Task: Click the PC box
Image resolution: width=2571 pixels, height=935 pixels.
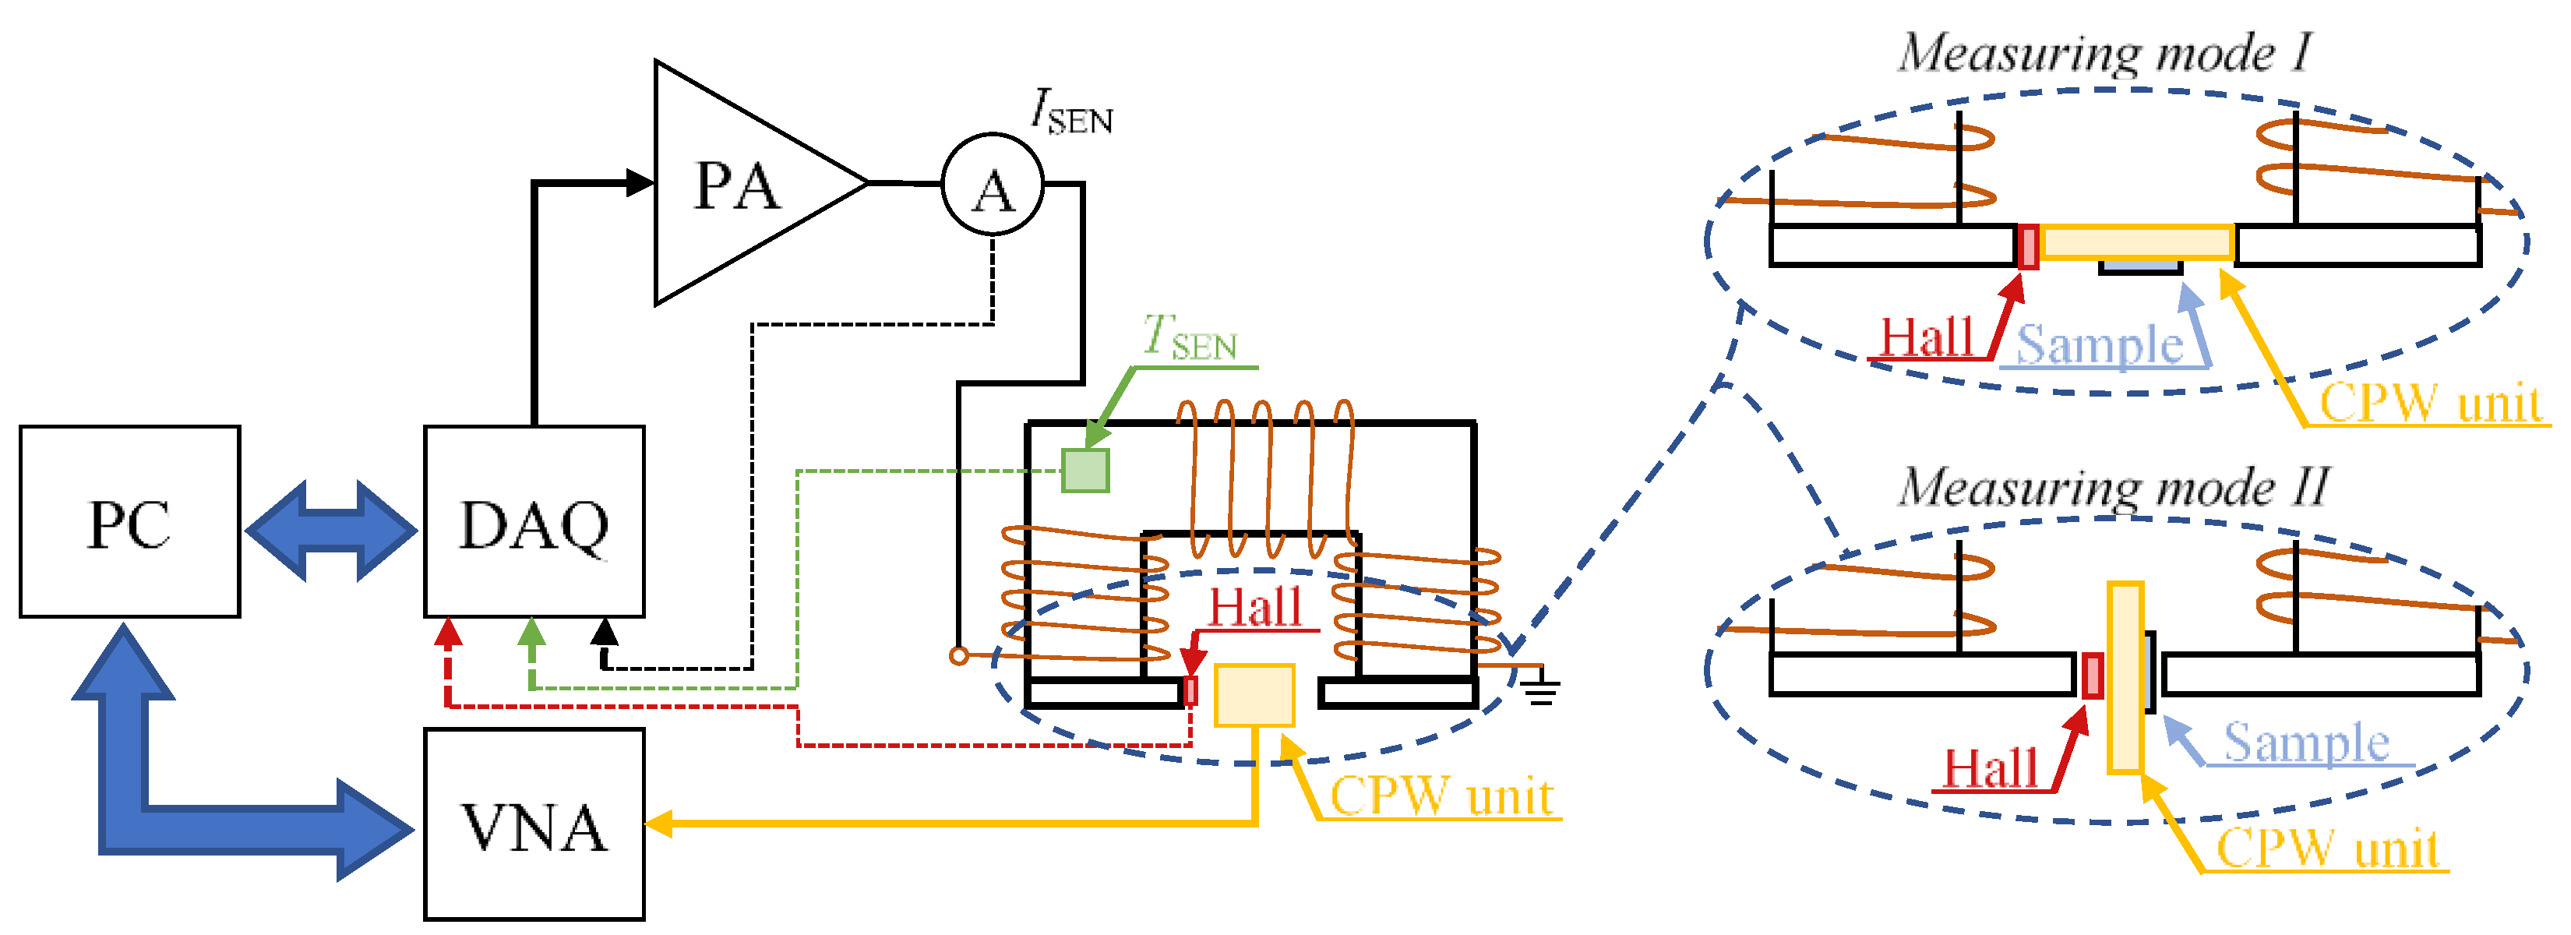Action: pyautogui.click(x=130, y=522)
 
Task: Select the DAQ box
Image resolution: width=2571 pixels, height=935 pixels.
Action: pyautogui.click(x=534, y=522)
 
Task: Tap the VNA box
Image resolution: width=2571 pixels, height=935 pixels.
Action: pyautogui.click(x=534, y=825)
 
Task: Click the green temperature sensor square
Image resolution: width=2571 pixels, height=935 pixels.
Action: pyautogui.click(x=1085, y=471)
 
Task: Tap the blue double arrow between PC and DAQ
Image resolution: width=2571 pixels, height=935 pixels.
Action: pyautogui.click(x=331, y=531)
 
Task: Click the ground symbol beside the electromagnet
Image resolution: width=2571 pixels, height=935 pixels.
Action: pyautogui.click(x=1541, y=689)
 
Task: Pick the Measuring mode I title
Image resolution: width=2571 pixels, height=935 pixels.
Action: pyautogui.click(x=2104, y=52)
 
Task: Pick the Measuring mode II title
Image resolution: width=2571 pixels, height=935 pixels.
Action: pyautogui.click(x=2114, y=487)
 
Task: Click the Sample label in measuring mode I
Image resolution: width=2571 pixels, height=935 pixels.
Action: pyautogui.click(x=2100, y=345)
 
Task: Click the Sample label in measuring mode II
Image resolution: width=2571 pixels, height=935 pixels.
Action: pyautogui.click(x=2305, y=743)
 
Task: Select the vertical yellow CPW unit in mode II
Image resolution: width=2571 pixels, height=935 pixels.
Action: pyautogui.click(x=2125, y=679)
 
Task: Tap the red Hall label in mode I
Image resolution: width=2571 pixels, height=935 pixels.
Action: pyautogui.click(x=1926, y=337)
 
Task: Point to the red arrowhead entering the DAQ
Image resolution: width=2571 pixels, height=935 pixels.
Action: pyautogui.click(x=449, y=633)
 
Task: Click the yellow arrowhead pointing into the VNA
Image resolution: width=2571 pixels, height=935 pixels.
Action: pyautogui.click(x=658, y=824)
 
